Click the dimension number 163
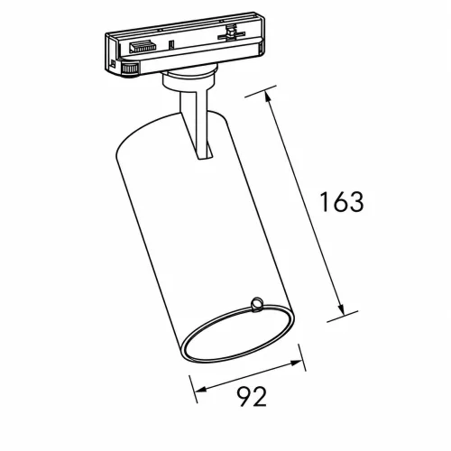[342, 201]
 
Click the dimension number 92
[253, 396]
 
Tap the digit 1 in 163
[325, 201]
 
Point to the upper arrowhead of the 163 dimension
[267, 96]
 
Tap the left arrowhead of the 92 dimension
[200, 389]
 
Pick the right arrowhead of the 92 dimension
[296, 363]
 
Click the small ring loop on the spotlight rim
[257, 303]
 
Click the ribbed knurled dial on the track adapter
[130, 69]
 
